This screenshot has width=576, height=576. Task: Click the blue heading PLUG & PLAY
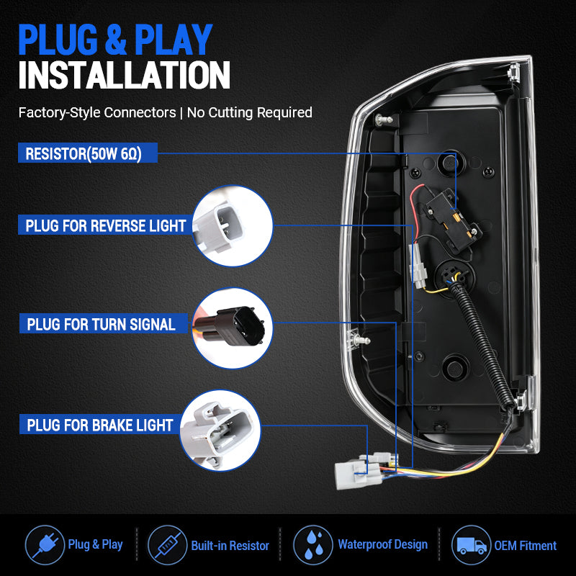115,40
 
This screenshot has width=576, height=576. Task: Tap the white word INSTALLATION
124,75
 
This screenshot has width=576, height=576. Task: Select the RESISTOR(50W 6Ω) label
88,153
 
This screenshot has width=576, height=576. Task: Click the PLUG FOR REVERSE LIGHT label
105,225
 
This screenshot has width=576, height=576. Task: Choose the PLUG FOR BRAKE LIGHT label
100,424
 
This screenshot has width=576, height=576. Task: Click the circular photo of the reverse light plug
232,225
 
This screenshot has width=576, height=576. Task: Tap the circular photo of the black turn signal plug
232,328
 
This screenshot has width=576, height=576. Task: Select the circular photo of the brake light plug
220,430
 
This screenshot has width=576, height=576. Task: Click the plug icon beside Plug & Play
45,545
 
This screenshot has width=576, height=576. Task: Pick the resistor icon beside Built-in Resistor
167,545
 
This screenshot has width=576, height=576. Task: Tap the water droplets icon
313,545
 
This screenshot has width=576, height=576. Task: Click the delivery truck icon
472,545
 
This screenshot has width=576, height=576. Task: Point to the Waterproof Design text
383,544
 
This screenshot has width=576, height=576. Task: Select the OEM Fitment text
526,546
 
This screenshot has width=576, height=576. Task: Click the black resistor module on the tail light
453,220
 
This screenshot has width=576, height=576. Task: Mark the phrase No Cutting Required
250,112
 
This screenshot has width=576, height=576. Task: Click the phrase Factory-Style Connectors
97,112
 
